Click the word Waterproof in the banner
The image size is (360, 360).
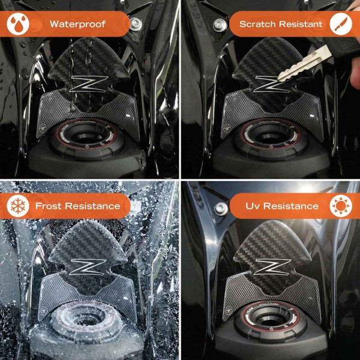tap(77, 25)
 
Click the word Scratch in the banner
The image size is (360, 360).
tap(257, 25)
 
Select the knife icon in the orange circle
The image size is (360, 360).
tap(341, 25)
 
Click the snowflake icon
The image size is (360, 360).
tap(17, 206)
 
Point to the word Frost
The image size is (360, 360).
tap(50, 206)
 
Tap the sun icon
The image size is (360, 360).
tap(341, 206)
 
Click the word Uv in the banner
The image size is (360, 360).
tap(252, 206)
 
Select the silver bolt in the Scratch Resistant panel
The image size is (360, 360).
tap(218, 25)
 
